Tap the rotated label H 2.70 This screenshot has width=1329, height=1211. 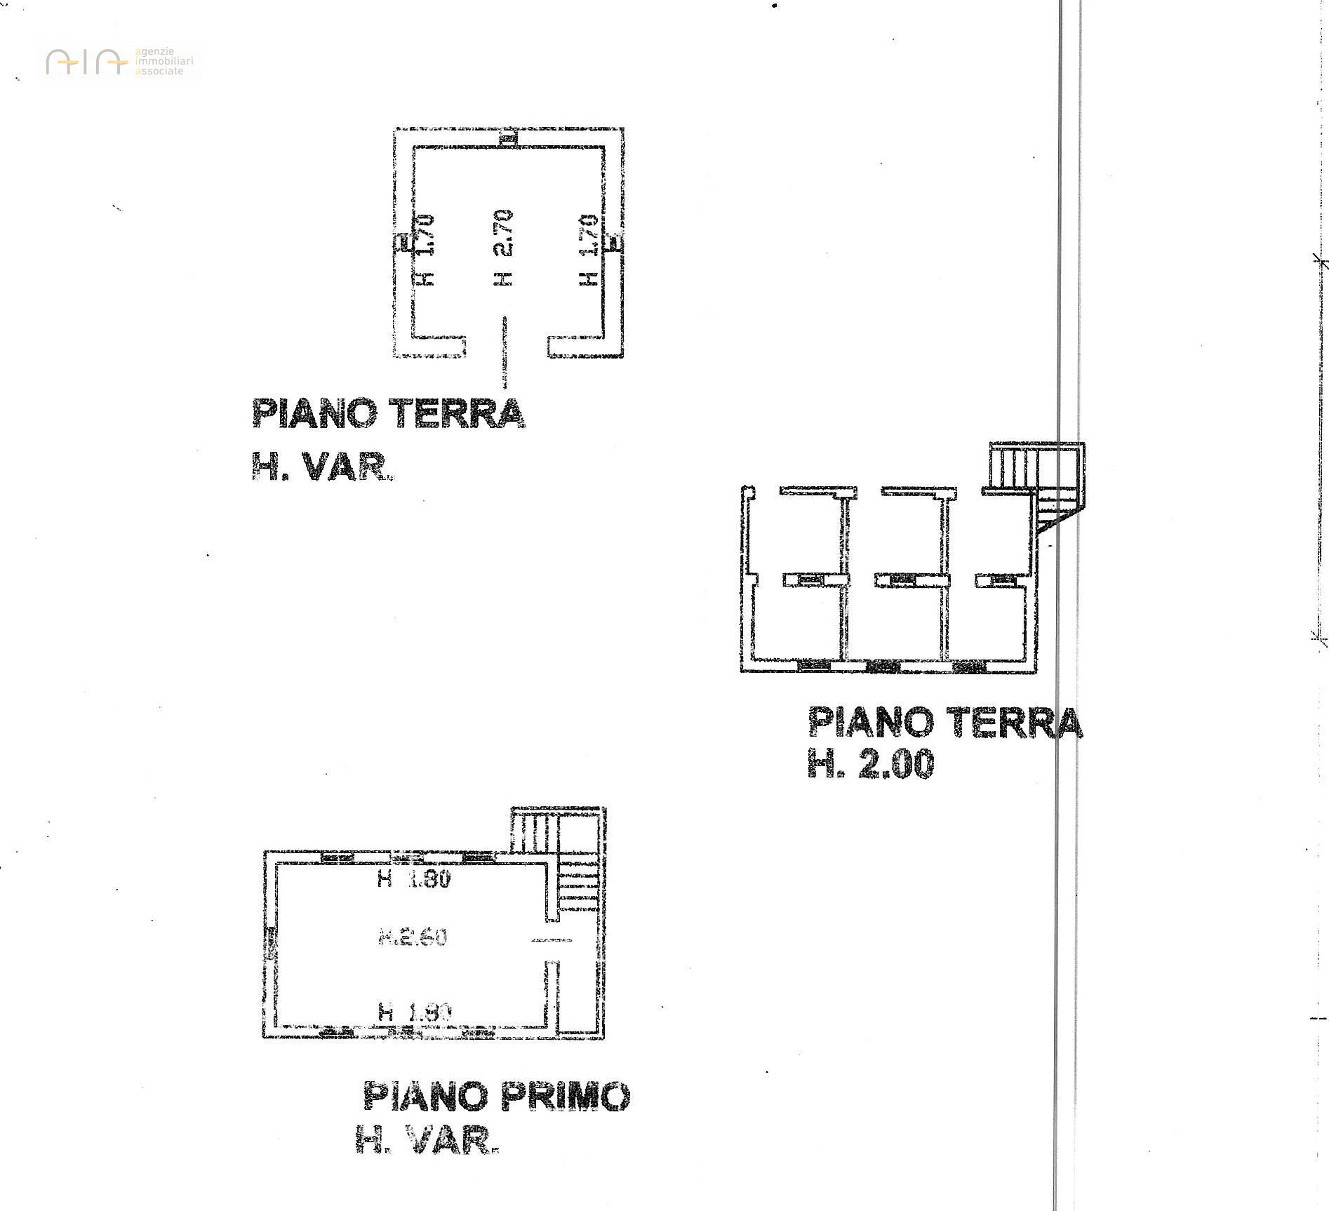pyautogui.click(x=503, y=248)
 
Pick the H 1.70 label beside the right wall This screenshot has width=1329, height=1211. pyautogui.click(x=587, y=250)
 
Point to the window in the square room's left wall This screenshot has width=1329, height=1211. pyautogui.click(x=403, y=243)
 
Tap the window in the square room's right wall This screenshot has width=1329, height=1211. pyautogui.click(x=614, y=243)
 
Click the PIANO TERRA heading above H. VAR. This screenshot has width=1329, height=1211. pyautogui.click(x=388, y=414)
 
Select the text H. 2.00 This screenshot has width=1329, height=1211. pyautogui.click(x=871, y=764)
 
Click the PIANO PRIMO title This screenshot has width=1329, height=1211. pyautogui.click(x=496, y=1096)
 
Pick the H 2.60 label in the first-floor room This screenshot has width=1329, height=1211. pyautogui.click(x=413, y=937)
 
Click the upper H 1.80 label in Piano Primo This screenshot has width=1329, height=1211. pyautogui.click(x=413, y=879)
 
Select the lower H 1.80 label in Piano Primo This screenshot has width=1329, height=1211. pyautogui.click(x=414, y=1012)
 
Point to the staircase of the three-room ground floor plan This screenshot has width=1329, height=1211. pyautogui.click(x=1037, y=484)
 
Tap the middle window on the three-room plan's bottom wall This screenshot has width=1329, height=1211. pyautogui.click(x=883, y=666)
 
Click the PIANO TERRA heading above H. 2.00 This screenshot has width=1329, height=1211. pyautogui.click(x=944, y=723)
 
